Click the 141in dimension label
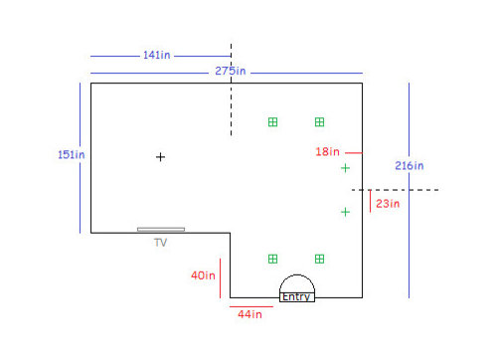coord(157,55)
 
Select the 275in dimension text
coord(231,71)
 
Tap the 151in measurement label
coord(72,155)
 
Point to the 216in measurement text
coord(410,166)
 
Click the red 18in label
coord(327,152)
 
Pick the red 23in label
coord(388,204)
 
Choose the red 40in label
coord(203,275)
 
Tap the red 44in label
coord(249,314)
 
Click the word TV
coord(161,243)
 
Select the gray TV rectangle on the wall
coord(161,230)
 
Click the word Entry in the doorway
coord(296,296)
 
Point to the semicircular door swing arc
coord(297,274)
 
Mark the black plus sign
coord(160,157)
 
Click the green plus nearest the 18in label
coord(345,168)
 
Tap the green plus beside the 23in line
coord(345,212)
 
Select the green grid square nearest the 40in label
coord(272,259)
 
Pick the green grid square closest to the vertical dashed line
coord(272,122)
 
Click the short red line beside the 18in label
coord(354,153)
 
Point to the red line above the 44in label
coord(251,306)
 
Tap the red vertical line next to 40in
coord(220,278)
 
